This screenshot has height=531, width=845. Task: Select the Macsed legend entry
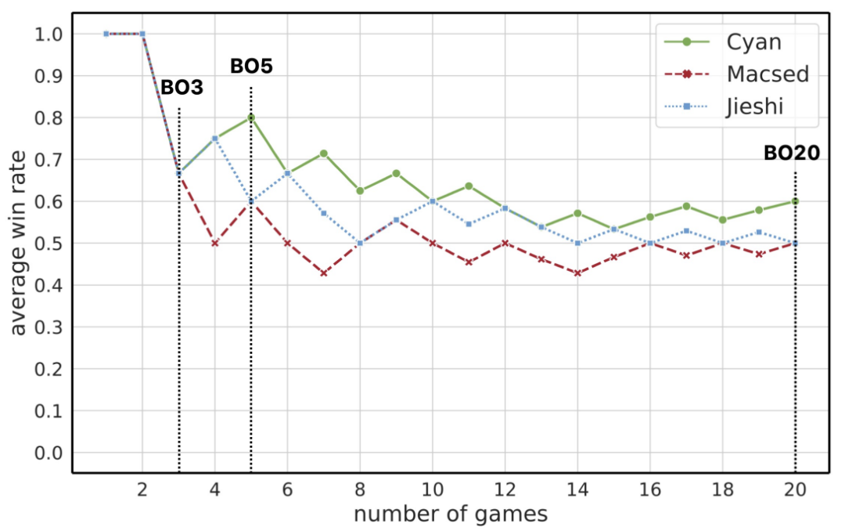(x=767, y=74)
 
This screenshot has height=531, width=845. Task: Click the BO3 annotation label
(x=182, y=88)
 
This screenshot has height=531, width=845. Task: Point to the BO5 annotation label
(x=251, y=67)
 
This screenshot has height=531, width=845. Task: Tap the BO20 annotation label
(x=792, y=154)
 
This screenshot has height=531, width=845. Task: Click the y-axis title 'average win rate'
(x=19, y=243)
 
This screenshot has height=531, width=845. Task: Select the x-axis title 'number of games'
(x=450, y=515)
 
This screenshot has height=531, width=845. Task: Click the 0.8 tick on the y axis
(x=52, y=117)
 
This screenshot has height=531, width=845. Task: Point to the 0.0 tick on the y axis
(x=52, y=453)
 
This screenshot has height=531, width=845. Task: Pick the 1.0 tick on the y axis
(x=52, y=34)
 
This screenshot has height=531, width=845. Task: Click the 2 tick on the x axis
(x=142, y=487)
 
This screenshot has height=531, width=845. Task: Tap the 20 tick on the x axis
(x=795, y=487)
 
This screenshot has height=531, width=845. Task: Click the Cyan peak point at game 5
(x=251, y=117)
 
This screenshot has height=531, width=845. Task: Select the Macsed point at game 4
(x=215, y=244)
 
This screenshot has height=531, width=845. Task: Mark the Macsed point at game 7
(x=323, y=273)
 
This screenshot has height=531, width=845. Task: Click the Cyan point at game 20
(x=795, y=201)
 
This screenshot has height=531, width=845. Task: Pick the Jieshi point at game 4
(x=215, y=139)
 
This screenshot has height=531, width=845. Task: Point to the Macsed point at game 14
(x=577, y=273)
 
